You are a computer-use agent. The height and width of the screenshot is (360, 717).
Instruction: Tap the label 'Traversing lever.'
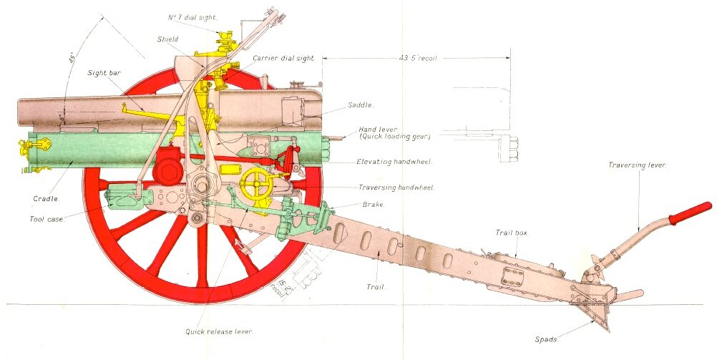point(637,165)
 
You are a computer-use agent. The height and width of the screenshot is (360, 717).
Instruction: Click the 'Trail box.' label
point(512,233)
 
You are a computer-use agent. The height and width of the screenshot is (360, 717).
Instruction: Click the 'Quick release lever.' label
point(220,331)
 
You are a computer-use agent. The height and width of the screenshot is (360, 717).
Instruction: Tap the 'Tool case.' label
point(48,219)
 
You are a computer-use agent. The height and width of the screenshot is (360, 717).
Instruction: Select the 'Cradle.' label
point(45,198)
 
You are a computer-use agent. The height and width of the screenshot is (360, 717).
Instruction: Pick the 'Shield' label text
point(167,39)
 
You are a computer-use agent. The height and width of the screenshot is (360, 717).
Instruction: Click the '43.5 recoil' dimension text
point(419,58)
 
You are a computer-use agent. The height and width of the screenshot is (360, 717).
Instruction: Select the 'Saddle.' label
point(361,105)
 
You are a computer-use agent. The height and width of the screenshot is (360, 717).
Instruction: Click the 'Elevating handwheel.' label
point(394,162)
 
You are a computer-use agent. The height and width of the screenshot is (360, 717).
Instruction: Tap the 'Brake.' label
point(374,205)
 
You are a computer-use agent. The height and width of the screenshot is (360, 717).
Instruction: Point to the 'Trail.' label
point(376,287)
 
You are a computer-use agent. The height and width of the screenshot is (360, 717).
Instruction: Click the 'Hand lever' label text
point(374,130)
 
